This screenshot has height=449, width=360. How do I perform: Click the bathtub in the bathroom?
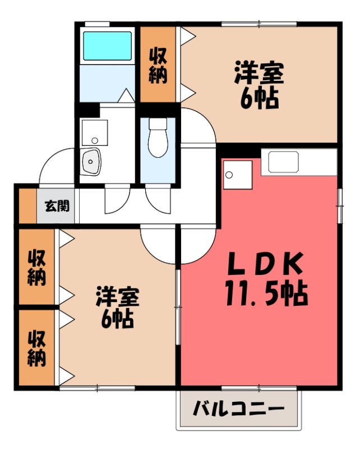pos(107,45)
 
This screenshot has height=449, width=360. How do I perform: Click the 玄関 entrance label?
pos(57,206)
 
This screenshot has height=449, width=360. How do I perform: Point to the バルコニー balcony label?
pos(239,410)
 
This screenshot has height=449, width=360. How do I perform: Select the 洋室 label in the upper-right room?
pos(259,74)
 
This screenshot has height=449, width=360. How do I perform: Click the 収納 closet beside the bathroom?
pos(158,65)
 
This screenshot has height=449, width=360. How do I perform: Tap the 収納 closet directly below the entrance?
pos(37,267)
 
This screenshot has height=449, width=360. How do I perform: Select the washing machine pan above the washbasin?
pos(95,132)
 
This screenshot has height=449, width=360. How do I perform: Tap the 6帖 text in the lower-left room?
pos(117,320)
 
